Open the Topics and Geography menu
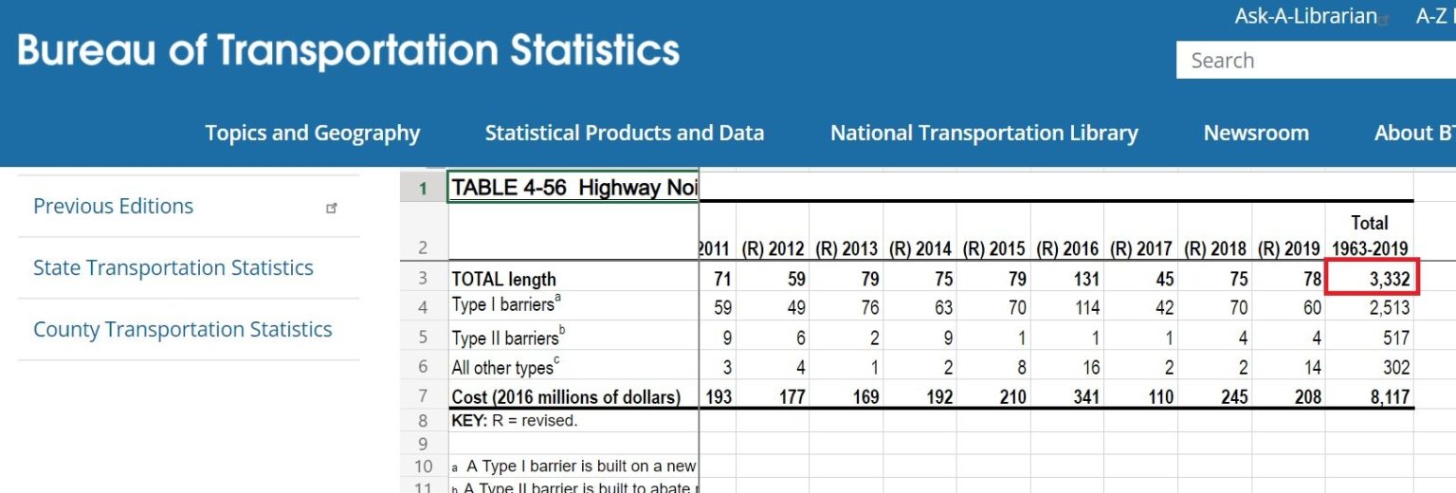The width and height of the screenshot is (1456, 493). point(313,133)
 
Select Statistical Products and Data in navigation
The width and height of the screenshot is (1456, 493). point(625,133)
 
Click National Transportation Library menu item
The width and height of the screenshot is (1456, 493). point(984,133)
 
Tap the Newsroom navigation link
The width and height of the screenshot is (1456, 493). point(1256,133)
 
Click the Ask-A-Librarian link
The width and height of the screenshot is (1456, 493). point(1305,16)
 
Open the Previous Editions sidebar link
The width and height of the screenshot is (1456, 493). point(114,207)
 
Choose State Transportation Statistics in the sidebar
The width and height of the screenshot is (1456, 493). point(173,268)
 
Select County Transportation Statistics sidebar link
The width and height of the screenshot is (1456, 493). point(183,330)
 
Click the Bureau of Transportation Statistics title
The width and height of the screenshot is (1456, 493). point(349,50)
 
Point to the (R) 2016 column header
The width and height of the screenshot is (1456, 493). point(1067,249)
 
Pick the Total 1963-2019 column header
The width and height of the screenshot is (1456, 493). point(1369,235)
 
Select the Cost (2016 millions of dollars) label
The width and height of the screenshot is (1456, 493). point(566,397)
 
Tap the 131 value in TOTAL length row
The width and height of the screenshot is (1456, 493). point(1086,279)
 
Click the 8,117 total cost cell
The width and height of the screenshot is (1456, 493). point(1390,397)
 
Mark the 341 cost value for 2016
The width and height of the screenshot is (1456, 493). point(1086,397)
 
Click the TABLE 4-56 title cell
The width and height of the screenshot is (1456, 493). point(573,188)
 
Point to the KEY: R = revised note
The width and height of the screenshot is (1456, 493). point(515,421)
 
